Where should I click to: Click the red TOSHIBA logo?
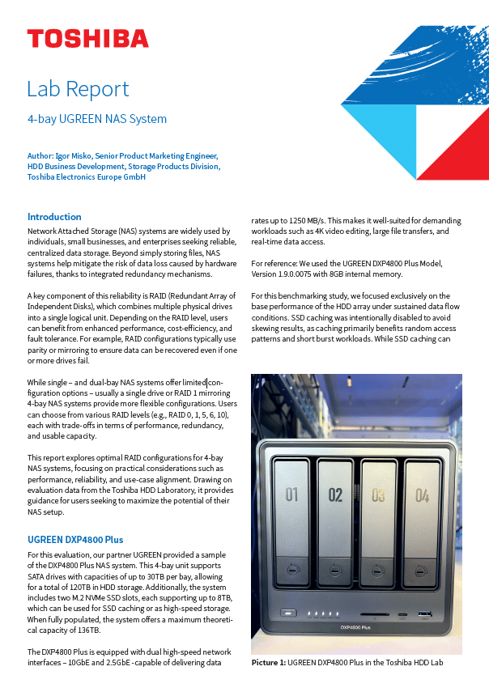(87, 39)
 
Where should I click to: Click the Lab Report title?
(78, 88)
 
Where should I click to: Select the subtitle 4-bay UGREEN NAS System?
(97, 119)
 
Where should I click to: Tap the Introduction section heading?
(54, 217)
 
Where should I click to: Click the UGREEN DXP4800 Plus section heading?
(75, 539)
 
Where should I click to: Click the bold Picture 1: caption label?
(269, 663)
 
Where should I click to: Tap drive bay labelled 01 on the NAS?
(293, 495)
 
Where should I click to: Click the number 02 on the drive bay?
(335, 495)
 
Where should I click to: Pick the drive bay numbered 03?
(378, 495)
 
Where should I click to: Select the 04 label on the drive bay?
(422, 495)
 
